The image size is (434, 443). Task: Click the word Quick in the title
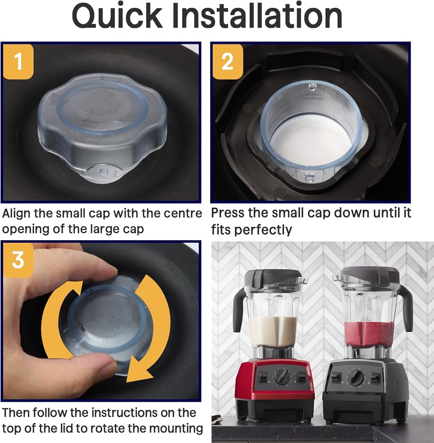(117, 16)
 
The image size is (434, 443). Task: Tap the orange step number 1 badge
(18, 62)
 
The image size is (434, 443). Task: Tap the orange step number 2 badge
(227, 62)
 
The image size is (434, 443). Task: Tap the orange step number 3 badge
(18, 260)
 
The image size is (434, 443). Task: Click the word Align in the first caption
(16, 214)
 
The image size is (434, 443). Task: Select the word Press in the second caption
(227, 213)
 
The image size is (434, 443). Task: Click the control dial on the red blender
(282, 376)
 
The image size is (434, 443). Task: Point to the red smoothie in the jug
(369, 334)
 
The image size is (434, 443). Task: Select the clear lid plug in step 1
(102, 127)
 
